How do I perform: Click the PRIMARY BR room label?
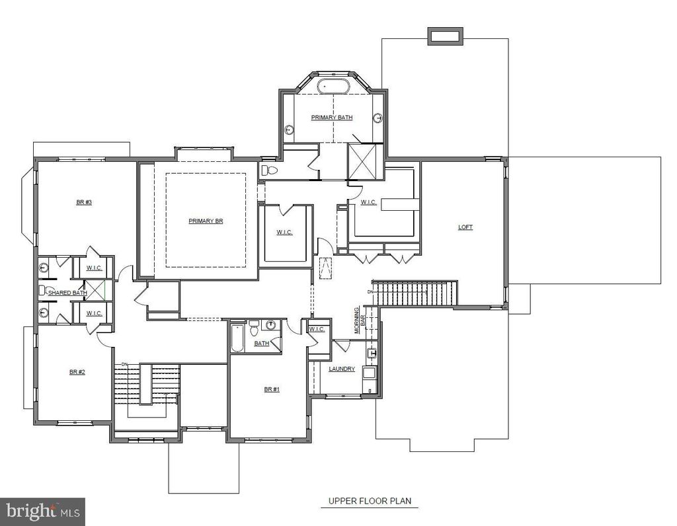(206, 221)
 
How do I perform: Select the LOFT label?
(465, 227)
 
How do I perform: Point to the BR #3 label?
(84, 202)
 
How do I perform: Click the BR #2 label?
(77, 372)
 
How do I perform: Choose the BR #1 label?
(272, 389)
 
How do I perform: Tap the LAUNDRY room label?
(342, 369)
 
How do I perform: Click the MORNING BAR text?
(360, 320)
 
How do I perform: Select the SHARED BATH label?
(68, 293)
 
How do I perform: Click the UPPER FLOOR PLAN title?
(370, 501)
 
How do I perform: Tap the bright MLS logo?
(43, 511)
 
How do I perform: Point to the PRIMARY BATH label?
(332, 118)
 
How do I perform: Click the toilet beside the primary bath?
(269, 170)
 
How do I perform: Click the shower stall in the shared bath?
(95, 289)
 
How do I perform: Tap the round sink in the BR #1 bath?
(270, 325)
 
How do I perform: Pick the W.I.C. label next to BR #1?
(317, 329)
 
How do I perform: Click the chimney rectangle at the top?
(446, 36)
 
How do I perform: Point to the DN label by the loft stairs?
(370, 292)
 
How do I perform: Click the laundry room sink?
(372, 354)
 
